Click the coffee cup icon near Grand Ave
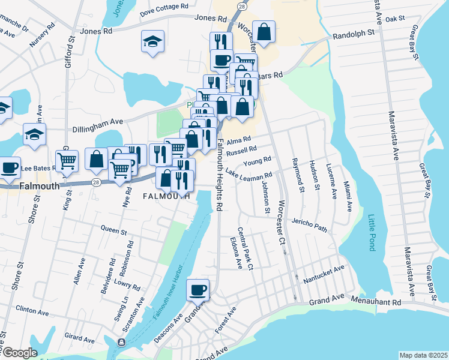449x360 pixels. click(198, 290)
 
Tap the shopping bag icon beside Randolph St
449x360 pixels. click(264, 31)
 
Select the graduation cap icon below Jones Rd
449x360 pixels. click(152, 42)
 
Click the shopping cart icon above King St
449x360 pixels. click(67, 161)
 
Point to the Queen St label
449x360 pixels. click(113, 230)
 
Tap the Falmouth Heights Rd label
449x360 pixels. click(220, 175)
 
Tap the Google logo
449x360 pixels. click(20, 353)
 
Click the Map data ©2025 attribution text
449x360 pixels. click(423, 355)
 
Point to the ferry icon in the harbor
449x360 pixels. click(122, 342)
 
